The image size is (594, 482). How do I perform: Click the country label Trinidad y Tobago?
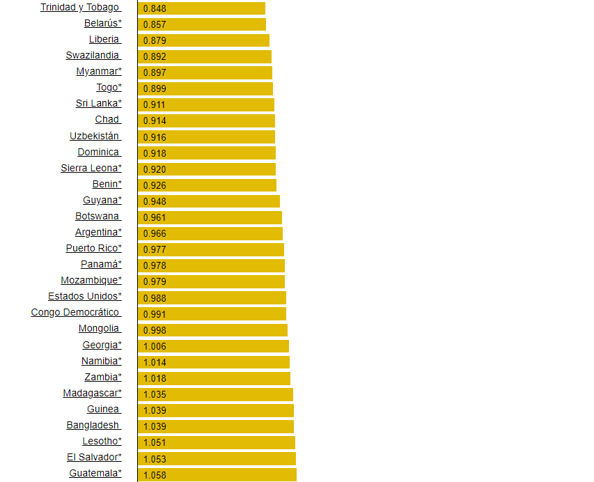tap(80, 8)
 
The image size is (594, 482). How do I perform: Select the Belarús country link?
tap(102, 24)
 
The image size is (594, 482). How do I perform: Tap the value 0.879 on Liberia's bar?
tap(155, 40)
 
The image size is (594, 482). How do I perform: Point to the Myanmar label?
tap(98, 72)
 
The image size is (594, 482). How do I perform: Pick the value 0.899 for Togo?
tap(155, 88)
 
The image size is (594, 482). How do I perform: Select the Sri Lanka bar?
tap(205, 104)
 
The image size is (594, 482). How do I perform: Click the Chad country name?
tap(107, 120)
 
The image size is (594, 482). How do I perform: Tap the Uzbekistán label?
tap(95, 137)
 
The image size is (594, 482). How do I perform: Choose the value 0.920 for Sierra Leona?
tap(155, 169)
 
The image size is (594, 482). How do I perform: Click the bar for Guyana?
tap(208, 201)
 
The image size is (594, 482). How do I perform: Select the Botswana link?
tap(97, 217)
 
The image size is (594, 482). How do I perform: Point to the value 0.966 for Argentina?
tap(155, 233)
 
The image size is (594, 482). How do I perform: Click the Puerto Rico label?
tap(93, 249)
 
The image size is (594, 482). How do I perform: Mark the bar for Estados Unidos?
tap(212, 297)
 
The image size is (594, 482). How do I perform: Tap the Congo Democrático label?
tap(75, 313)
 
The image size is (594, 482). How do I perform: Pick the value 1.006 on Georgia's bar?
tap(155, 346)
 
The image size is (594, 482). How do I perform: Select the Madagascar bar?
tap(215, 394)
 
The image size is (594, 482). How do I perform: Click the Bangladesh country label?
tap(93, 426)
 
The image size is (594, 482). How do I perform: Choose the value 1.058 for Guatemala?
tap(155, 475)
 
